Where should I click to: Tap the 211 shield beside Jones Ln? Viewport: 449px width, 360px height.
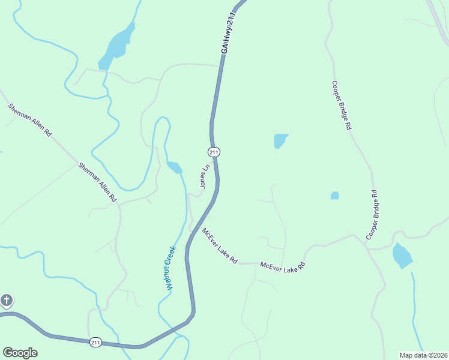tap(214, 152)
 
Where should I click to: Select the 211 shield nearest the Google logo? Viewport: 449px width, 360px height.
tap(95, 342)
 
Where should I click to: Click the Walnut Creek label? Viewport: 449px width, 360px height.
tap(170, 268)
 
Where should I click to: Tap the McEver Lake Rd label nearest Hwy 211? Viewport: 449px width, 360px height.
tap(220, 246)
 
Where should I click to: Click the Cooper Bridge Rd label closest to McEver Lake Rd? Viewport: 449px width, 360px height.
tap(373, 215)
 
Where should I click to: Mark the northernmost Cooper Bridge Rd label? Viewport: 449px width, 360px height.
tap(340, 106)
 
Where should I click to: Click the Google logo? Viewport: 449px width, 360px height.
tap(20, 352)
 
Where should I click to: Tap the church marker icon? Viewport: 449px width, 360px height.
tap(6, 300)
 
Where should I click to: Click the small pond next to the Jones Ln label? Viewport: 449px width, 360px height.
tap(174, 167)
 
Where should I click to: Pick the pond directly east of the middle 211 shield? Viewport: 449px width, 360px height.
tap(280, 140)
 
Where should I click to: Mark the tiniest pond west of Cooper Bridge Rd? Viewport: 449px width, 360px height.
tap(334, 196)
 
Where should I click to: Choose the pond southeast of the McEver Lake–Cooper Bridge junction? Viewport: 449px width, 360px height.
tap(402, 256)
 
